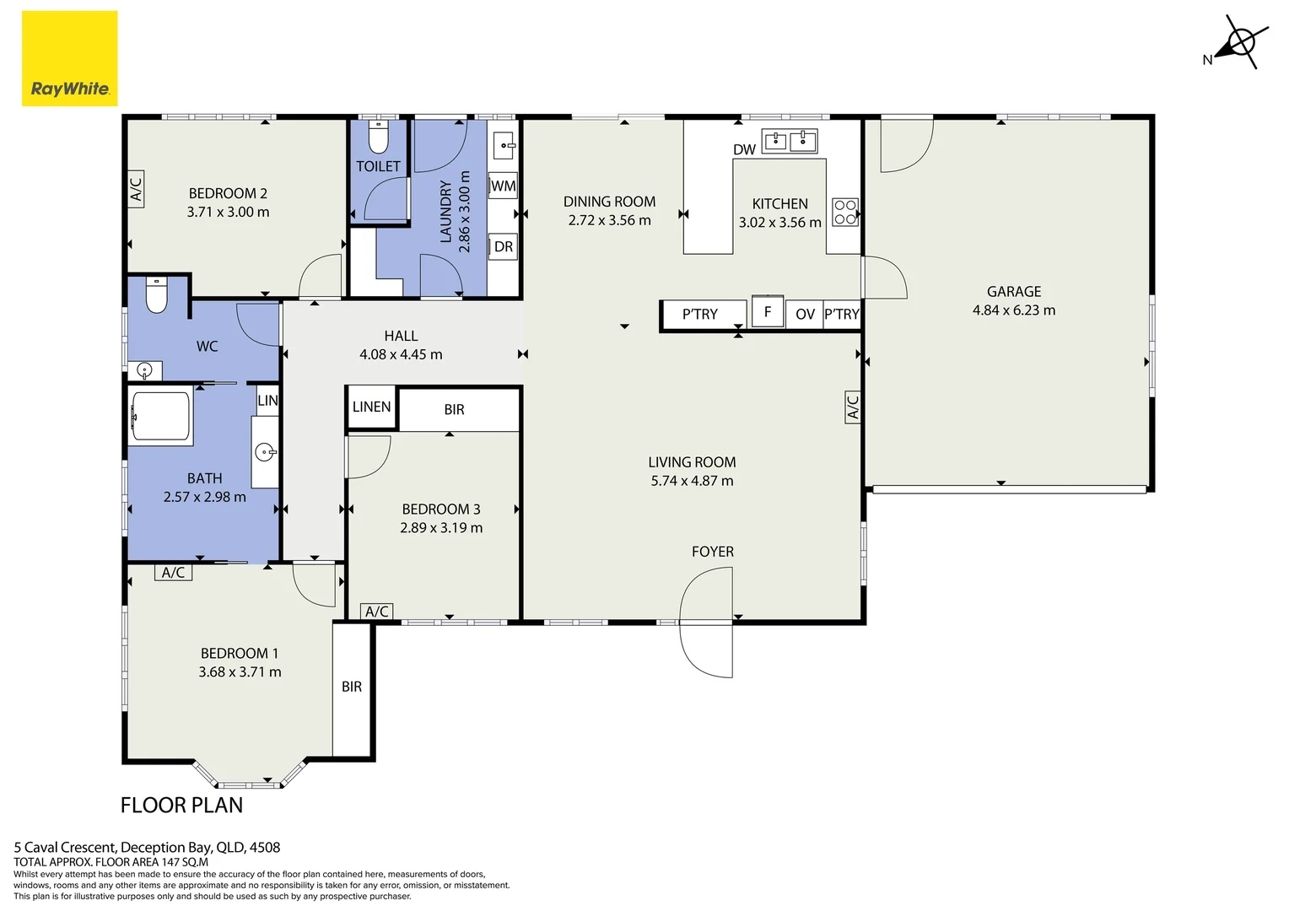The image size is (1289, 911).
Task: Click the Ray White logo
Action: [70, 58]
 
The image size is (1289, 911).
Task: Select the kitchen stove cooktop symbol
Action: [845, 212]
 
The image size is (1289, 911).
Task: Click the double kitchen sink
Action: [790, 141]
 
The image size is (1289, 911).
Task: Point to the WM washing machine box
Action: [503, 186]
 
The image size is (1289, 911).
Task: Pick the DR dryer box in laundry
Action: [503, 247]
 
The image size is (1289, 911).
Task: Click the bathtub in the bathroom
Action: [160, 417]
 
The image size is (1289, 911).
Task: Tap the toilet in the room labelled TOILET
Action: [378, 137]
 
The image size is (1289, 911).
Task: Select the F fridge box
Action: [768, 311]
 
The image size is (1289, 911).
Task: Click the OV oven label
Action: [805, 315]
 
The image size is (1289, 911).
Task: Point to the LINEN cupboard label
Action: [372, 407]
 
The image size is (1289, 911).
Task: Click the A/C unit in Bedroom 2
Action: [136, 189]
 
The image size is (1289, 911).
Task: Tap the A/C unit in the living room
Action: [853, 407]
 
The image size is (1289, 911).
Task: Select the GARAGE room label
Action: [1014, 292]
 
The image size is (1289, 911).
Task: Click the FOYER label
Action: [713, 552]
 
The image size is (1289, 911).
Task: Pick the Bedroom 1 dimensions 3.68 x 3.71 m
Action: [240, 672]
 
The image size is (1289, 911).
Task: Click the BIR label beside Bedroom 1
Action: [352, 687]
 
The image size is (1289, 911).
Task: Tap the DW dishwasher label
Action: [744, 149]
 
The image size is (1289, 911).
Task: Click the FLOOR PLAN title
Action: [182, 805]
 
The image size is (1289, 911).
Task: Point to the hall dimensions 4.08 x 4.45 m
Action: [401, 354]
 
